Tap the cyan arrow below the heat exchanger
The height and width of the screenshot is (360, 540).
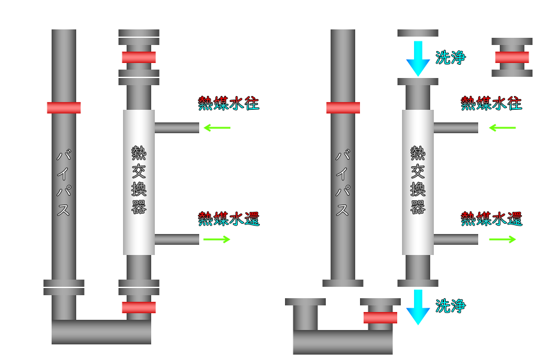418,307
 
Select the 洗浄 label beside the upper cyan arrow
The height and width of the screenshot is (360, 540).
451,58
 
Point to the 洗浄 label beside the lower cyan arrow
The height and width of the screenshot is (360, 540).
451,306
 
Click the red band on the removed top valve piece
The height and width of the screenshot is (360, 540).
512,57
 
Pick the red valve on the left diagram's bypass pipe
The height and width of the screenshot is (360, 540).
64,107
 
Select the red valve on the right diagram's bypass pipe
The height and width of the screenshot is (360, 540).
343,107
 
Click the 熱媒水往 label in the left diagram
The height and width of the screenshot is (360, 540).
229,103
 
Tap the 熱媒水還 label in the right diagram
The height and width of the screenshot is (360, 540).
491,219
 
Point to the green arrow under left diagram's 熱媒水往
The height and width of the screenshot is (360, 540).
217,128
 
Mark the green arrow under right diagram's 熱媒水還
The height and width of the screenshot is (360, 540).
502,239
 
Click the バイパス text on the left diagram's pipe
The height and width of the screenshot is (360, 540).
64,182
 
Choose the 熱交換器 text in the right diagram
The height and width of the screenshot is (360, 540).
418,180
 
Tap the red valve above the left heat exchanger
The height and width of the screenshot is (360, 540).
139,57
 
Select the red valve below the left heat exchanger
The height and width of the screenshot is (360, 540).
139,307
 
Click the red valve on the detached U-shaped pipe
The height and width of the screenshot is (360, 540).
380,317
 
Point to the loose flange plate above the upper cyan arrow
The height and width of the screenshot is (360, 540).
418,33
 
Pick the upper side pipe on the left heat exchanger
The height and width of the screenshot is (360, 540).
176,128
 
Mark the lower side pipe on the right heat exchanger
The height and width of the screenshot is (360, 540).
455,239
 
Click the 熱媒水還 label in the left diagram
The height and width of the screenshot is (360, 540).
229,219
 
